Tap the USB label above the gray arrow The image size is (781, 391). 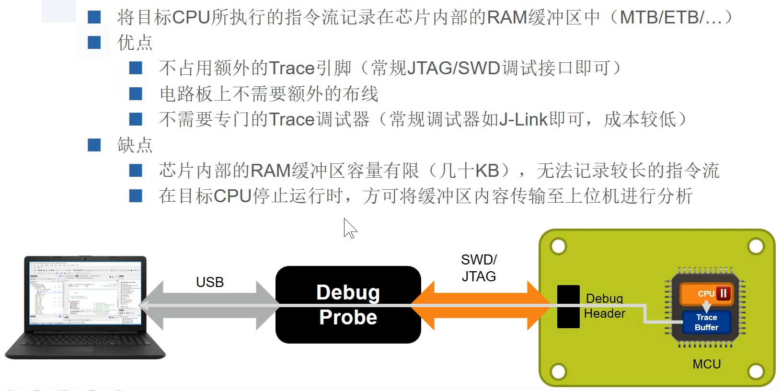210,282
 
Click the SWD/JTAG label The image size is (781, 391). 479,268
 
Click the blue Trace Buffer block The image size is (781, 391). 706,322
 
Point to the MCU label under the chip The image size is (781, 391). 706,364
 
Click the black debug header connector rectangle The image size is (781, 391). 568,307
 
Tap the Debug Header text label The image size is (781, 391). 604,306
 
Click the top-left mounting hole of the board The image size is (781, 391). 559,246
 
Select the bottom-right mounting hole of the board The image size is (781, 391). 756,371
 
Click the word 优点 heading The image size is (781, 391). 135,43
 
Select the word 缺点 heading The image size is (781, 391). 135,145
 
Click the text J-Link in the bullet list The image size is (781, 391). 523,119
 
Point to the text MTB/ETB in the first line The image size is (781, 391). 661,17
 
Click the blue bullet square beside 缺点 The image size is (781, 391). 94,145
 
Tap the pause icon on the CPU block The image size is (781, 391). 724,293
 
